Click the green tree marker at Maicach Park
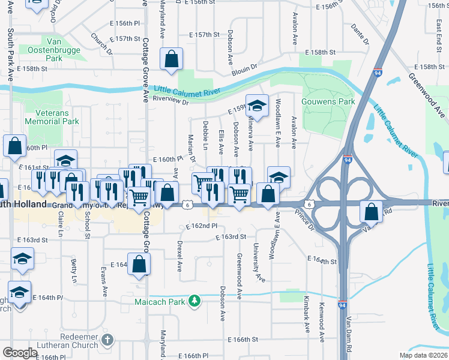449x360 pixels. (194, 301)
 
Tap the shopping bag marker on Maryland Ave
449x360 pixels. (172, 59)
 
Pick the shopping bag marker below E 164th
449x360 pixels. (139, 263)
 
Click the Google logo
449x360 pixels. (20, 353)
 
